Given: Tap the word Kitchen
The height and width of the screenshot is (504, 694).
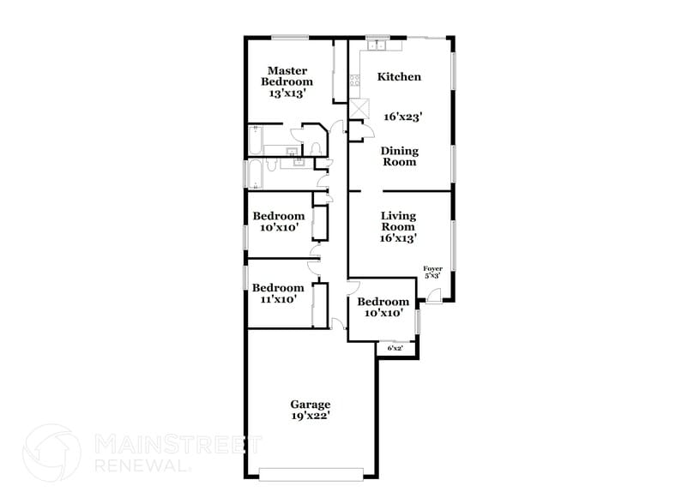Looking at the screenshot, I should pos(400,77).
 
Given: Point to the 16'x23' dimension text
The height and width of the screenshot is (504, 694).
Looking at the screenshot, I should pos(403,116).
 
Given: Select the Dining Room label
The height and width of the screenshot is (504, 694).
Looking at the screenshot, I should pos(399,156).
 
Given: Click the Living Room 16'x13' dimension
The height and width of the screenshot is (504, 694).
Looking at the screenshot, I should pos(399,238).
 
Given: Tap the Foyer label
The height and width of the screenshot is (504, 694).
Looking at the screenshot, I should pos(432,269).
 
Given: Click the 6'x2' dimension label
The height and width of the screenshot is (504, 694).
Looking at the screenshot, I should pos(395,349).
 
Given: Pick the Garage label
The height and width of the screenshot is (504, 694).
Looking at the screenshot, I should pos(310,405).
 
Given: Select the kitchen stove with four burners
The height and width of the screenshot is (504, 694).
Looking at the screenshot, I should pos(353,82).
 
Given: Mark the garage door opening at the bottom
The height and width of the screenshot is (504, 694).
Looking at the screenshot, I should pos(311,471).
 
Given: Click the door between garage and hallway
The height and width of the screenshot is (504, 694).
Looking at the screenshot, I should pos(338,324).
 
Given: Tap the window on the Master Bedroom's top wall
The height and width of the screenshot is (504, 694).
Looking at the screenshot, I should pos(291,37).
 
